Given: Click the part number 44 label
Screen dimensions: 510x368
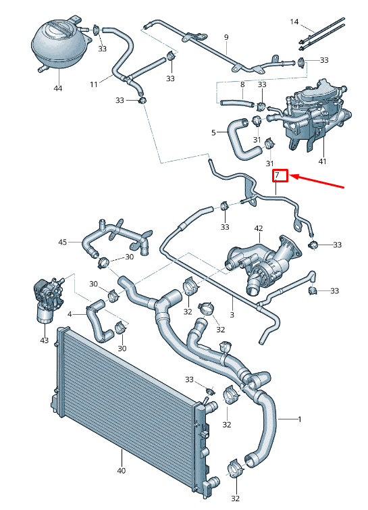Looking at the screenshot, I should point(57,88).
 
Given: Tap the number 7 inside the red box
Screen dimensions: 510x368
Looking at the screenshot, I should point(280,176).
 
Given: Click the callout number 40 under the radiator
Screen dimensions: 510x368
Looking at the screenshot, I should point(122,470).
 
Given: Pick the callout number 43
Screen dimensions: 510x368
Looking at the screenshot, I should point(44,340).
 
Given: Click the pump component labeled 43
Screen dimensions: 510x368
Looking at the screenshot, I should point(43,297).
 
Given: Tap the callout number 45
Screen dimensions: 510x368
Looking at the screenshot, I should point(63,242).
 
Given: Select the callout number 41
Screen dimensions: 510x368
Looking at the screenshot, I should point(322,161).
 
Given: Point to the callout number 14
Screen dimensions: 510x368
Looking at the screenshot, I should point(294,22).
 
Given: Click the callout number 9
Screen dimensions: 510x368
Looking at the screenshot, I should point(226,36).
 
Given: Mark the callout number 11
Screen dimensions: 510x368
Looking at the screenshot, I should point(94,84).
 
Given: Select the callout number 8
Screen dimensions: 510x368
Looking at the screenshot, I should point(242,84).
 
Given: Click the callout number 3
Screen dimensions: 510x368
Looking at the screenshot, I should point(232,315).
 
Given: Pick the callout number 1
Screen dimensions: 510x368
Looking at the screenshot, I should point(299,419).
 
